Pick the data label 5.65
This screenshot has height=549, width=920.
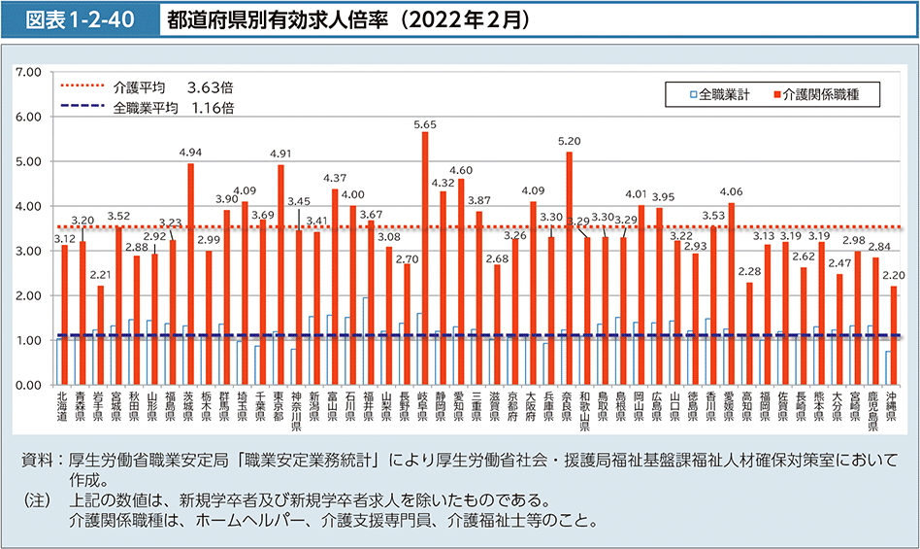click(425, 124)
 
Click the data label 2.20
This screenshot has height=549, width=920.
click(893, 275)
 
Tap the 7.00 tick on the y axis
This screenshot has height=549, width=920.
click(28, 72)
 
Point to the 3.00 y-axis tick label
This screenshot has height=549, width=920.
click(28, 251)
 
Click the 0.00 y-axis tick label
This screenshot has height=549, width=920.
click(28, 386)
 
